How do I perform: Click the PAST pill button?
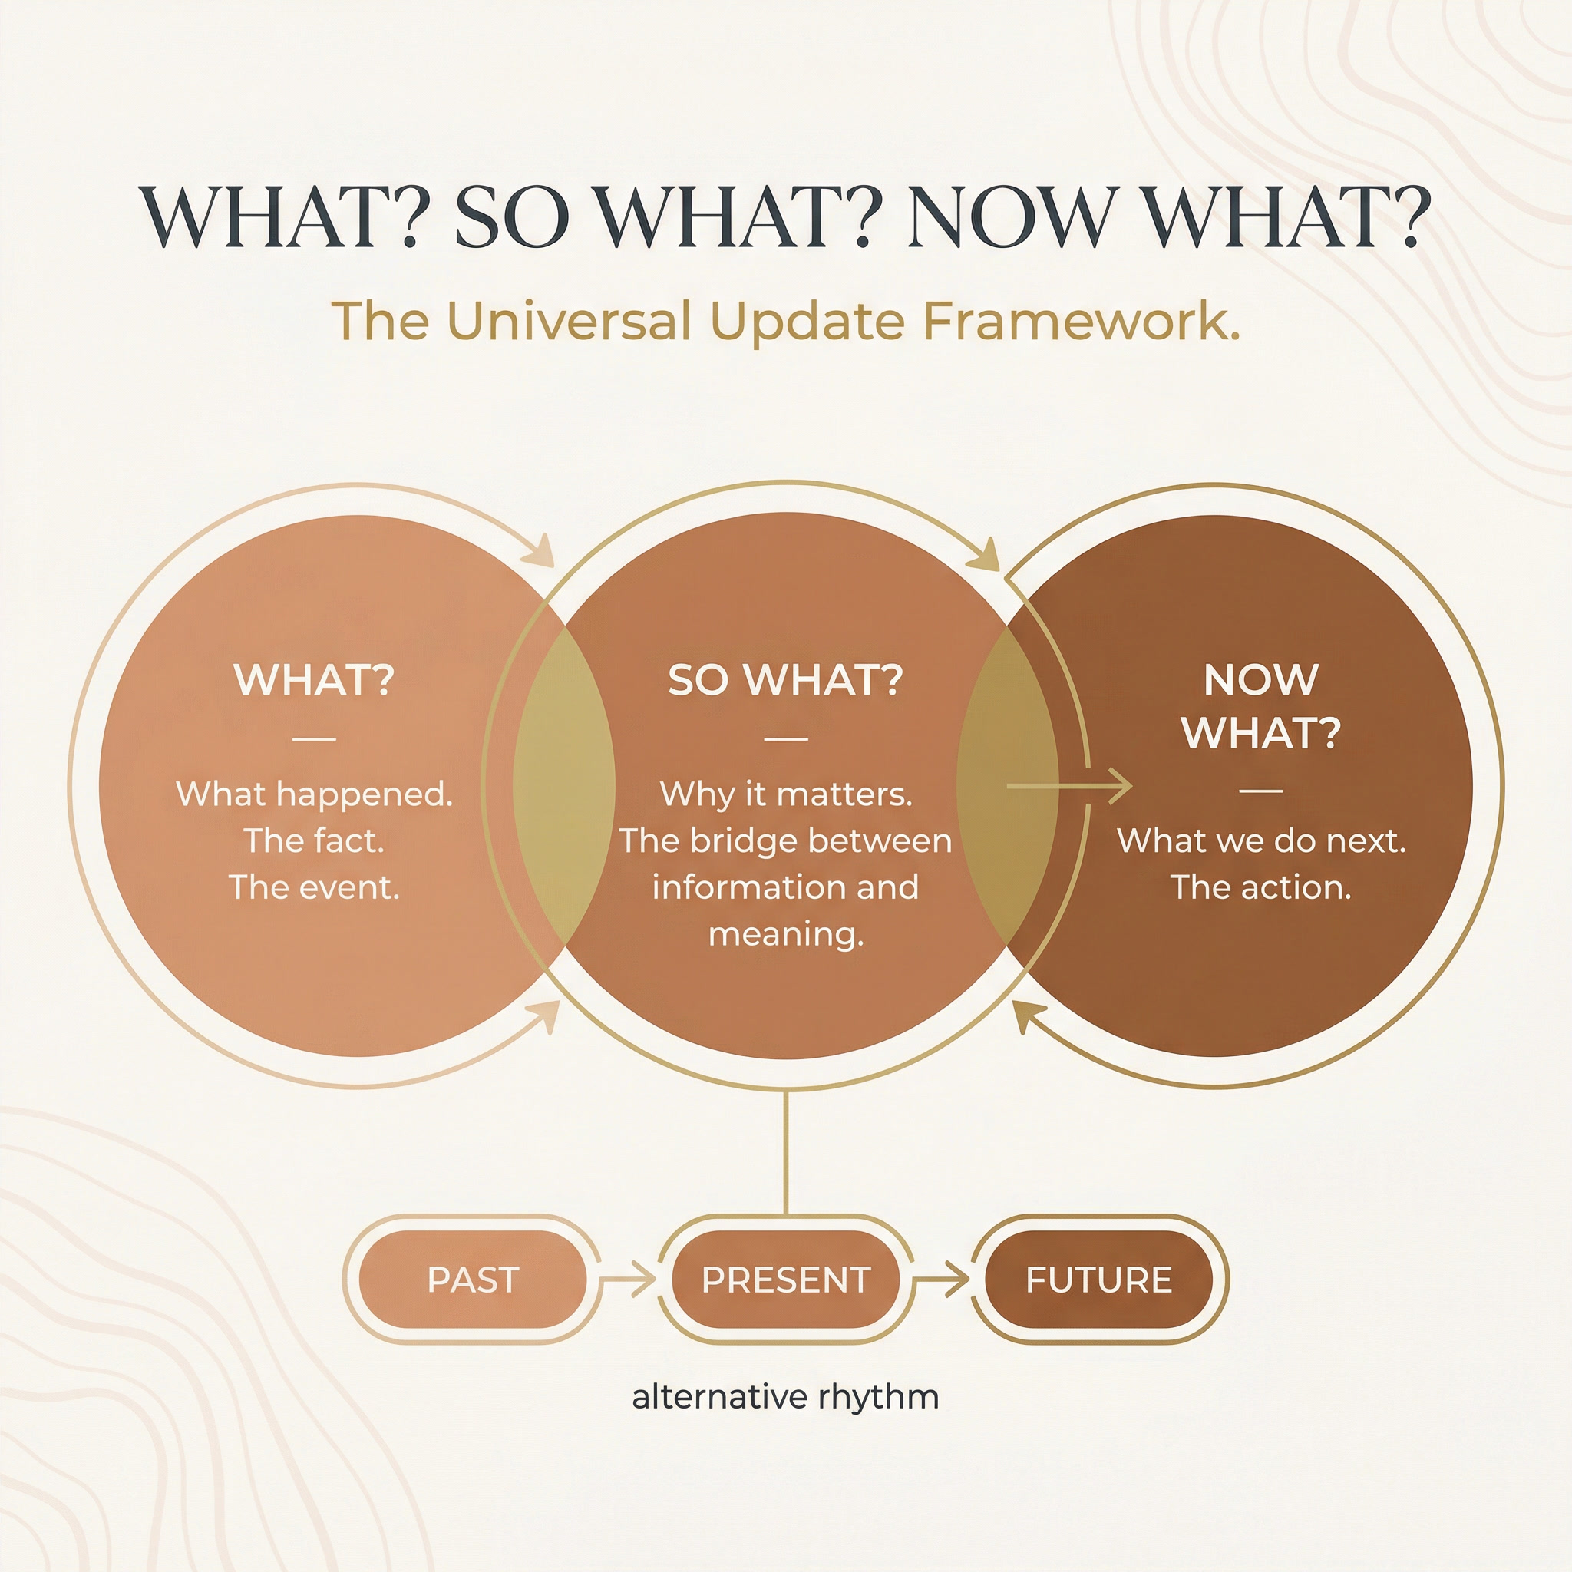tap(473, 1280)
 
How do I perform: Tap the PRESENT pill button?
tap(786, 1280)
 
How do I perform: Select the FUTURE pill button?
tap(1098, 1280)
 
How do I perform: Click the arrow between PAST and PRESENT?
tap(628, 1279)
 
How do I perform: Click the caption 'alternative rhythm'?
tap(785, 1396)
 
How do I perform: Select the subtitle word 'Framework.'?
tap(1082, 321)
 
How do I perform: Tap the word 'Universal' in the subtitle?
tap(570, 321)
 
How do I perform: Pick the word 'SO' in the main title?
tap(511, 218)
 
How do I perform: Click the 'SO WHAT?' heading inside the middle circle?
tap(785, 679)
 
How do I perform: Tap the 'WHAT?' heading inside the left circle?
tap(314, 679)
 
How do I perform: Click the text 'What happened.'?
tap(314, 794)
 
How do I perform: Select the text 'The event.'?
tap(314, 887)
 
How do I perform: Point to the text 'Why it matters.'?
tap(785, 794)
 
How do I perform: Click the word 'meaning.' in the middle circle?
tap(785, 934)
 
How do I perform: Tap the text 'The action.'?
tap(1261, 887)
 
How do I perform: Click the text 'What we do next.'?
tap(1261, 840)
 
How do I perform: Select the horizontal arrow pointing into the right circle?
tap(1069, 786)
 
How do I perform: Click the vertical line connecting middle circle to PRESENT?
tap(785, 1151)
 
